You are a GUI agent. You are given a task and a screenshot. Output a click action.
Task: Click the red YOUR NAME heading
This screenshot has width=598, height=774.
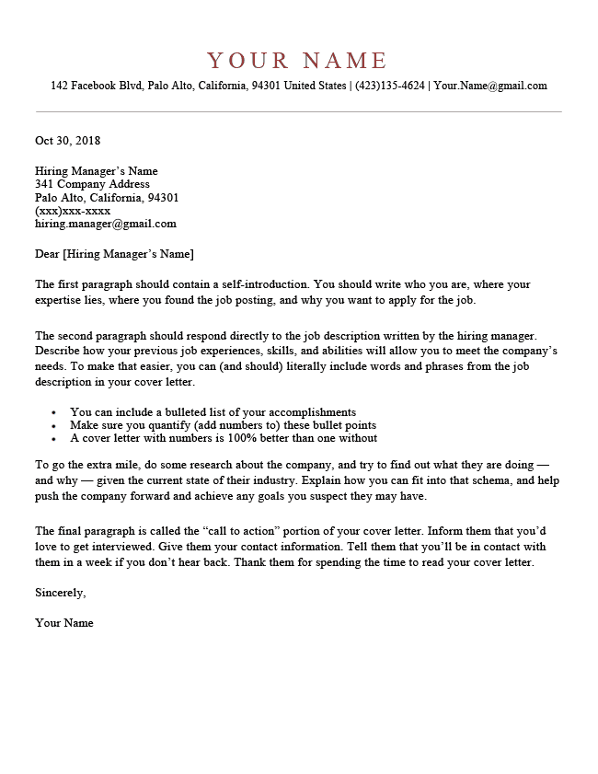coord(298,61)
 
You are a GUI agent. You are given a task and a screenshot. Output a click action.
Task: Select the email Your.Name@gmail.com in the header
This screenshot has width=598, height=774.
coord(490,87)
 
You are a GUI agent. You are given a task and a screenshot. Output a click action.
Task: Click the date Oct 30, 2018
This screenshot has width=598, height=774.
coord(67,141)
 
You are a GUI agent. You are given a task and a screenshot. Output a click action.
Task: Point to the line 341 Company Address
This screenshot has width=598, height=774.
coord(92,184)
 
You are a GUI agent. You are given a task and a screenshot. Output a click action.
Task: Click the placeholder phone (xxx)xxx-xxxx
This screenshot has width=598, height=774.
coord(73,211)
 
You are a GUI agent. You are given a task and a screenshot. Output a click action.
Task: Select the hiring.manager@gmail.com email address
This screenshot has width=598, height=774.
coord(106,224)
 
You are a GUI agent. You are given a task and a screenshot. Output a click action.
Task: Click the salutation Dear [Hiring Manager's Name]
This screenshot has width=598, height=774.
coord(114,254)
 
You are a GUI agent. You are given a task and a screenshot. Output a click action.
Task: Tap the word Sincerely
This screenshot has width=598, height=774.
coord(60,592)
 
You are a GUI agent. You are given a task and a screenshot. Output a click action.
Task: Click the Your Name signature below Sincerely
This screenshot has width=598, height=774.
coord(64,623)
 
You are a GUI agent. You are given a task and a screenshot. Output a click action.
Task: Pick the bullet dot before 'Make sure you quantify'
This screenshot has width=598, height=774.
coord(54,426)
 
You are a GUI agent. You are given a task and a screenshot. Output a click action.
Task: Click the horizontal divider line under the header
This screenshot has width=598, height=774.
coord(298,111)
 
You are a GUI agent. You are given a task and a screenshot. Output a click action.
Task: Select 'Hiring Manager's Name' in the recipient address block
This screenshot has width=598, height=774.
coord(97,171)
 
